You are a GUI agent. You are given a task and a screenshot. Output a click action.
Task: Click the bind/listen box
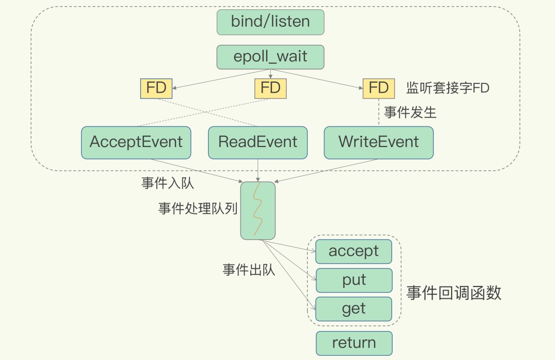pos(270,22)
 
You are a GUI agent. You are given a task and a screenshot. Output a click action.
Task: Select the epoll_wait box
pos(270,57)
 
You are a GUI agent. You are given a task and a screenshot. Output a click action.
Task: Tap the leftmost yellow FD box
pos(156,88)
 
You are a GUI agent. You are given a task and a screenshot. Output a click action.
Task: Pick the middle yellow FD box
pos(270,88)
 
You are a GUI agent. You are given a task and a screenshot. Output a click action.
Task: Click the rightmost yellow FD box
pos(378,88)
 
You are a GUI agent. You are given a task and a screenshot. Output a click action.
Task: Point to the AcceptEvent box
pos(136,142)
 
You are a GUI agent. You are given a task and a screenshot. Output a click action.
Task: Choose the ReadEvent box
pos(258,142)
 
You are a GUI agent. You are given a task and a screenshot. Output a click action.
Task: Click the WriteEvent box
pos(379,142)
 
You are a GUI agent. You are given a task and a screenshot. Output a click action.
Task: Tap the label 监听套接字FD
pos(448,88)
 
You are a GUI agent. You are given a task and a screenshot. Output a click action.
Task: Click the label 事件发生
pos(410,113)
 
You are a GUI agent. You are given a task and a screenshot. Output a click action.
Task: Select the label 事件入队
pos(168,184)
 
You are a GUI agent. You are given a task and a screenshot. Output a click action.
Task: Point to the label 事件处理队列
pos(198,209)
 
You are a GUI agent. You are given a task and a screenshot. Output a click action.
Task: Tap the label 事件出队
pos(249,269)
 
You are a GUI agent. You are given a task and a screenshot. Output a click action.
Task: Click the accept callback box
pos(354,251)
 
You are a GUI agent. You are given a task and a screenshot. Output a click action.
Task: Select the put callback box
pos(354,280)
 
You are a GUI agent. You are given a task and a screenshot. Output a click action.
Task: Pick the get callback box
pos(354,309)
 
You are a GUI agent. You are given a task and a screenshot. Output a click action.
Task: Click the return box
pos(354,343)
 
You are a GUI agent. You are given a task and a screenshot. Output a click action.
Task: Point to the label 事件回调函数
pos(453,293)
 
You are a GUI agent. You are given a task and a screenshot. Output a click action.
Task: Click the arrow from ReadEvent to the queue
pos(258,170)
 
